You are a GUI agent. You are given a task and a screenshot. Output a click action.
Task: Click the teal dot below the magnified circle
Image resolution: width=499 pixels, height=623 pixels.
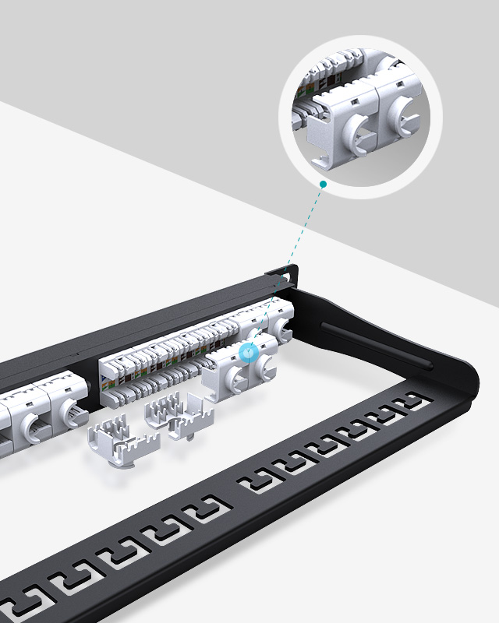coord(322,184)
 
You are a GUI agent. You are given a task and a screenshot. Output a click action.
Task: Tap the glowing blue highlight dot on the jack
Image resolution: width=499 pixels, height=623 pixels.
coord(249,353)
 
